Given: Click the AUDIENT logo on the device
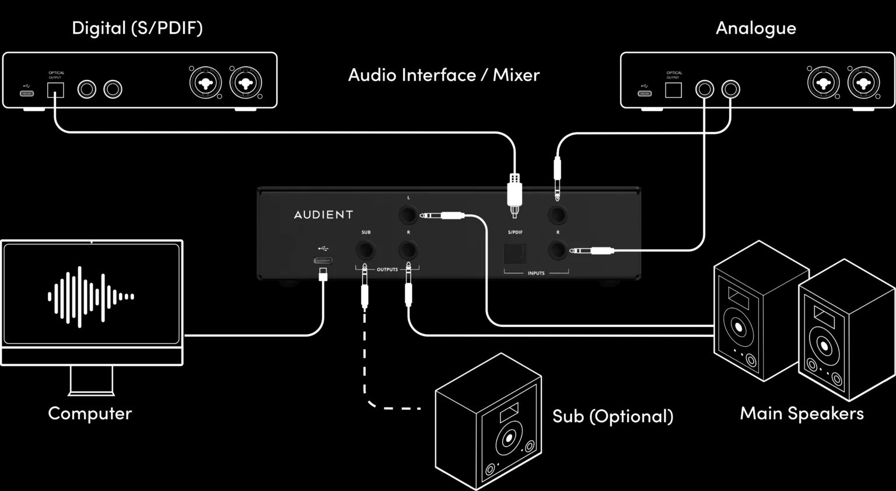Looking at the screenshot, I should click(x=323, y=215).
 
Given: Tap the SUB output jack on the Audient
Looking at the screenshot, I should click(x=366, y=252).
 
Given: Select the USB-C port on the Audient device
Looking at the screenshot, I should click(x=324, y=260).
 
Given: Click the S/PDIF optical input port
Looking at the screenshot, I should click(x=515, y=253).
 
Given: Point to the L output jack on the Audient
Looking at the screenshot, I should click(x=408, y=215).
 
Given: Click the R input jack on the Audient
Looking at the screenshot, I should click(x=558, y=251).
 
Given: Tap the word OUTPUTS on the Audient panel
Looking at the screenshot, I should click(x=387, y=270).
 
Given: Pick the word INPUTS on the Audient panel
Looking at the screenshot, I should click(x=536, y=273).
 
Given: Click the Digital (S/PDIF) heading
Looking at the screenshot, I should click(x=137, y=28).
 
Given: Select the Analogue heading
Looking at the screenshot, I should click(x=755, y=28).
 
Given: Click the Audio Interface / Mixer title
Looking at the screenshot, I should click(x=443, y=75).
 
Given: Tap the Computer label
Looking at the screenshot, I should click(x=90, y=413).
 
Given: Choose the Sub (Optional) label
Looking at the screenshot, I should click(x=612, y=416).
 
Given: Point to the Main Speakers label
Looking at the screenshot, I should click(x=801, y=413).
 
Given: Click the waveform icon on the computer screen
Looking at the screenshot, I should click(x=91, y=297).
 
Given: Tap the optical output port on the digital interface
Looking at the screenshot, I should click(x=55, y=90).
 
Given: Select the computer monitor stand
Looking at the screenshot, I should click(x=92, y=380).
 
